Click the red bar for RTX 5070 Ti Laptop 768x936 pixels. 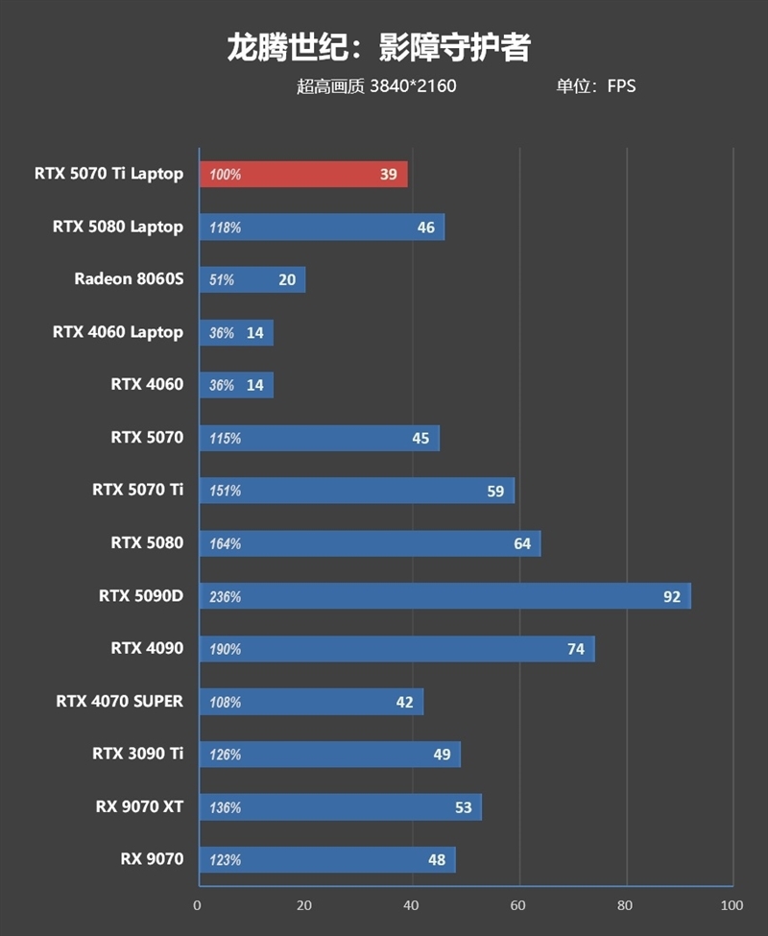pos(302,175)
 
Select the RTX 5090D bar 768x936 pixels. pos(444,596)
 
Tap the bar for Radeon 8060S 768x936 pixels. pos(252,279)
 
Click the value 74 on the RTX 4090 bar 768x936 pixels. pos(576,649)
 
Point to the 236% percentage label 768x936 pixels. pos(225,597)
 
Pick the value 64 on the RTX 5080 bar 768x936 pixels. pos(522,543)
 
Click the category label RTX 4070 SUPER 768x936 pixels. pos(119,701)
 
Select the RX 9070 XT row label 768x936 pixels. pos(139,806)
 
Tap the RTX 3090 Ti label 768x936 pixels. pos(137,754)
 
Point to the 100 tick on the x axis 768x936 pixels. pos(732,905)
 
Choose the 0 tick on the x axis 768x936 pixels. pos(198,905)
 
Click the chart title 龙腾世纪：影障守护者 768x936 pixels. pos(378,48)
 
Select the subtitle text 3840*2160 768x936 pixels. pos(413,86)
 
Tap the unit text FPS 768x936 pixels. pos(621,86)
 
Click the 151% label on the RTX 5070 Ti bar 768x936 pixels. pos(225,492)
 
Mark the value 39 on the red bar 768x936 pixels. pos(388,175)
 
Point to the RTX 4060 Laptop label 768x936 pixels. pos(117,332)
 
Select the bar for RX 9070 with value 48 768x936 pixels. pos(326,859)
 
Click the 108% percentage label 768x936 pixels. pos(225,703)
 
